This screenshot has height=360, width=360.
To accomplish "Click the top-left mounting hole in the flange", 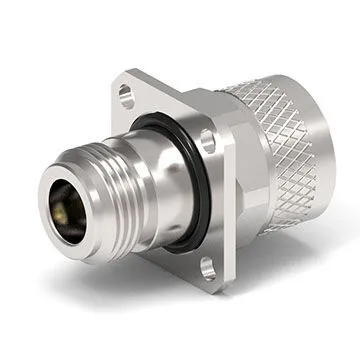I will (125, 95).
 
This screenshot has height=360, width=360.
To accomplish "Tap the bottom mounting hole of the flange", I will (207, 266).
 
